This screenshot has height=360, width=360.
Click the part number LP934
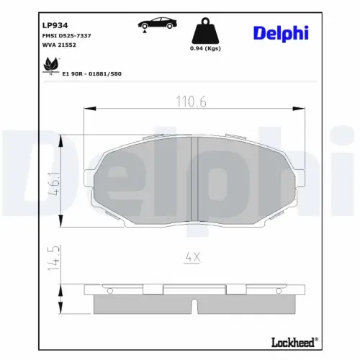point(55,25)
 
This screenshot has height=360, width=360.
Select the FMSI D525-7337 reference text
point(66,36)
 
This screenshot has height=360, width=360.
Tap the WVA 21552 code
point(59,45)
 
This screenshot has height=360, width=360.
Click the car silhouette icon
point(157,24)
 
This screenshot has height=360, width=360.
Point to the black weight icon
point(205,31)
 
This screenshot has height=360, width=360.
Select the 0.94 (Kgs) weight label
point(205,48)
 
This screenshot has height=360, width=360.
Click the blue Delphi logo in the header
point(281,33)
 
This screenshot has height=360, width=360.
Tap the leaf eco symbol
point(51,66)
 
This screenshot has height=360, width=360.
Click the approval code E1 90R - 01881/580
point(92,74)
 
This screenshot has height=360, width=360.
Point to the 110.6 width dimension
point(192,102)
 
